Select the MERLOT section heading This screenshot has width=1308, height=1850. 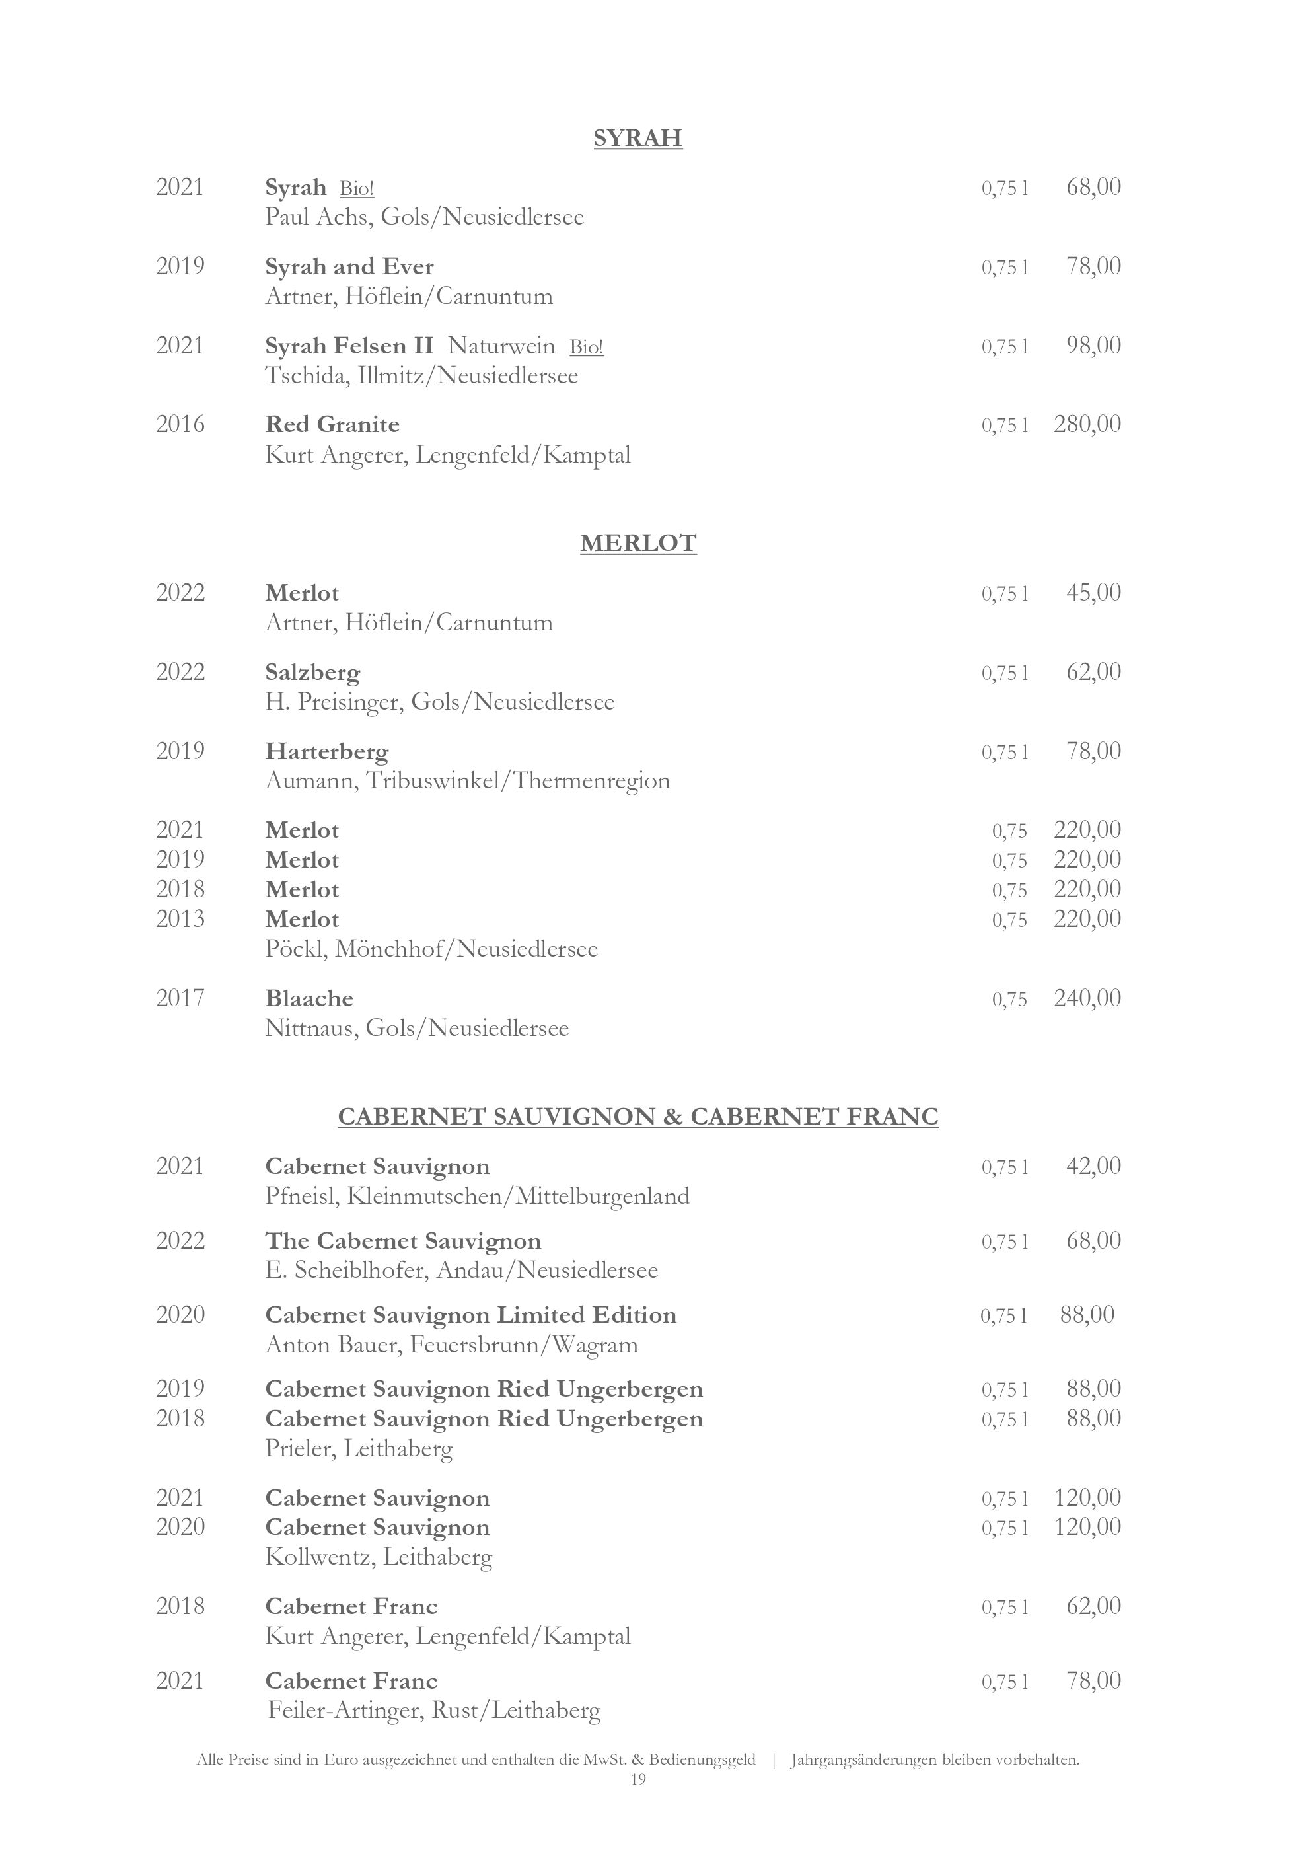[x=638, y=543]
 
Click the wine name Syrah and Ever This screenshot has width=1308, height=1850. [x=349, y=267]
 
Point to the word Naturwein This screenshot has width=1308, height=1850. [x=501, y=346]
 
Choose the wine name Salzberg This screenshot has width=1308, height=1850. [x=312, y=672]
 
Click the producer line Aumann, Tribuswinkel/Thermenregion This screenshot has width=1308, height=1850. [x=467, y=781]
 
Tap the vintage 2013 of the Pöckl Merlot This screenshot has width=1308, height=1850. [x=180, y=918]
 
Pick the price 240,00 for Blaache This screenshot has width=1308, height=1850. [x=1087, y=998]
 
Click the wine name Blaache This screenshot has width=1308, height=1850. [x=309, y=998]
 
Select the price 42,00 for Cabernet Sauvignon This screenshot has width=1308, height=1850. [x=1093, y=1166]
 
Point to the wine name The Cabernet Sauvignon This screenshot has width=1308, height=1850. [x=403, y=1241]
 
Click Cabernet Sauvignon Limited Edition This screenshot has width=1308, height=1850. [x=470, y=1315]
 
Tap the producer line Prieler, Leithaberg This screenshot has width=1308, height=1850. [x=359, y=1449]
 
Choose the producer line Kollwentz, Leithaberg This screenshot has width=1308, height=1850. [x=379, y=1557]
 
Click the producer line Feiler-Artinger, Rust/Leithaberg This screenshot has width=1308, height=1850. [x=433, y=1710]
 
